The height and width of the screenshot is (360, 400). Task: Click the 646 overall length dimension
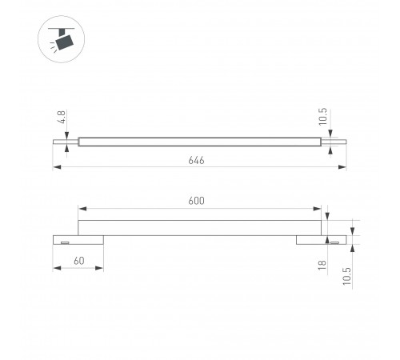click(196, 160)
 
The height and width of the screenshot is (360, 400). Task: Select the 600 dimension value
click(196, 201)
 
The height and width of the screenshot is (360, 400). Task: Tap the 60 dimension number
click(79, 261)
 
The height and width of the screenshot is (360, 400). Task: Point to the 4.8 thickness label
click(62, 117)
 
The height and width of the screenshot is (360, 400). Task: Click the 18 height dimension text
click(322, 265)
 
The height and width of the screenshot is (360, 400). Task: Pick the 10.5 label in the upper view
click(322, 117)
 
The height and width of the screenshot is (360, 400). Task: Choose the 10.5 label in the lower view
click(347, 276)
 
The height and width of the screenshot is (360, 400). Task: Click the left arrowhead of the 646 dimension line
click(57, 167)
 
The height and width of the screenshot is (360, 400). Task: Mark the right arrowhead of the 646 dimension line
click(342, 167)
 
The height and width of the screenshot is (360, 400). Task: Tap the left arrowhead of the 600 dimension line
click(82, 209)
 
